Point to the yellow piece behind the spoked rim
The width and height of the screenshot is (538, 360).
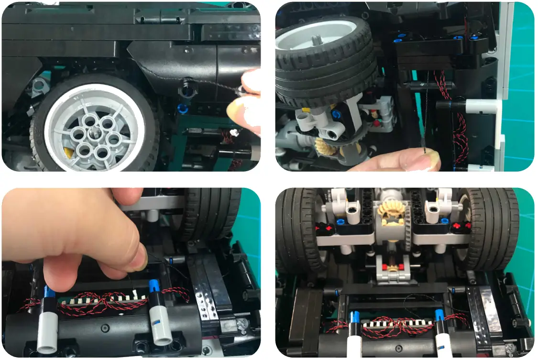[x=70, y=152]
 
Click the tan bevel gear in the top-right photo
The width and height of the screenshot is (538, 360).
[x=327, y=146]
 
